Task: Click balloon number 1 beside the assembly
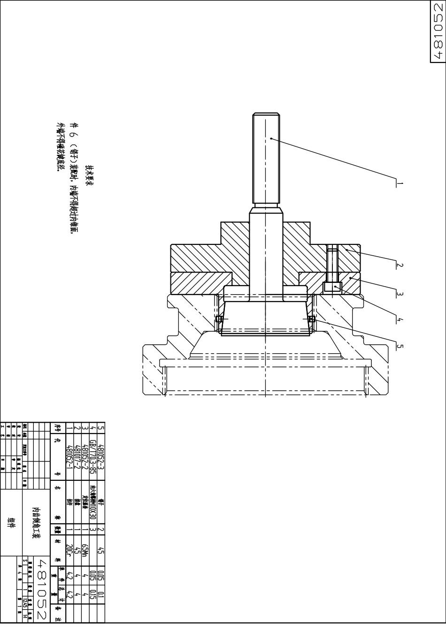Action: [x=400, y=183]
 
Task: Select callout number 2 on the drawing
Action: [x=400, y=265]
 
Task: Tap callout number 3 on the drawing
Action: [x=400, y=294]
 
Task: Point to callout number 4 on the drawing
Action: [x=400, y=320]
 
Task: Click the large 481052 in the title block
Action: [x=43, y=589]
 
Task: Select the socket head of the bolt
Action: [x=332, y=287]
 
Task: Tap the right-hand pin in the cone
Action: [x=311, y=319]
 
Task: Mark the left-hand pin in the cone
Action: [x=219, y=319]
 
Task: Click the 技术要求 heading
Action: [x=89, y=176]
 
